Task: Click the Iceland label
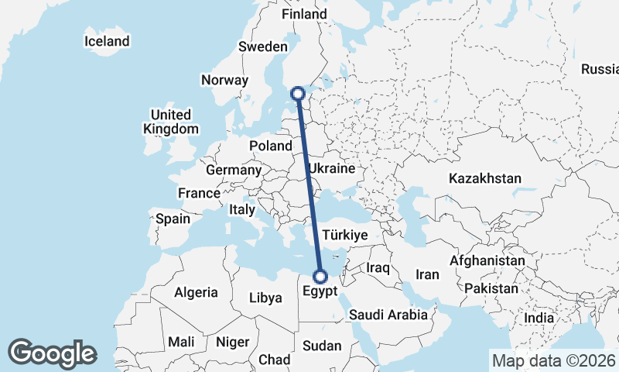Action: coord(108,41)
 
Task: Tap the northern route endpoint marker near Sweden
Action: coord(299,94)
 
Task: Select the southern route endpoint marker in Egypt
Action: coord(320,276)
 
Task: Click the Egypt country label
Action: coord(320,292)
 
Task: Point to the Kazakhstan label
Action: coord(485,179)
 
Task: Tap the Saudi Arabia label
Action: coord(388,315)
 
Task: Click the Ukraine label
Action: coord(331,168)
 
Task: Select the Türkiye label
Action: coord(344,234)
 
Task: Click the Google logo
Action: coord(52,353)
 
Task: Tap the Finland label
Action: coord(304,15)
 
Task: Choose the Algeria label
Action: coord(196,293)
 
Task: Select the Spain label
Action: coord(173,219)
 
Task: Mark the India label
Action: coord(539,318)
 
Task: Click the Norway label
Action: coord(224,80)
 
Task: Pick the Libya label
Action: coord(266,298)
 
